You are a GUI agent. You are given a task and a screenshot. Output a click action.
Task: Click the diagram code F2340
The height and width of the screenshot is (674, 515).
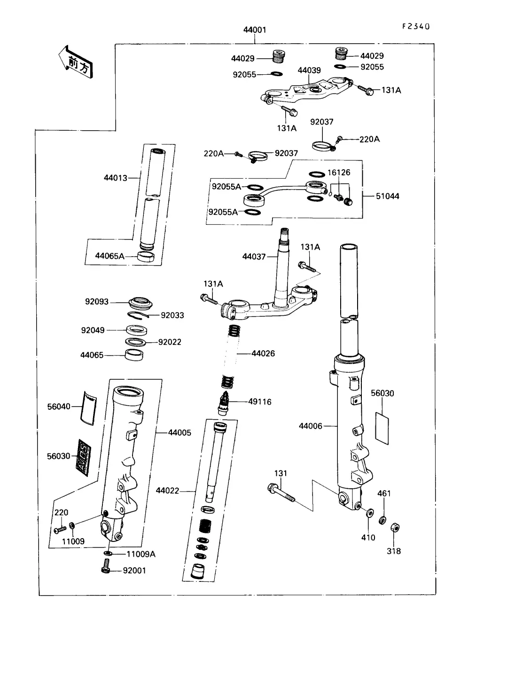click(416, 26)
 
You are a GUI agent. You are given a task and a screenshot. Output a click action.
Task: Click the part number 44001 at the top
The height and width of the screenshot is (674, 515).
click(255, 30)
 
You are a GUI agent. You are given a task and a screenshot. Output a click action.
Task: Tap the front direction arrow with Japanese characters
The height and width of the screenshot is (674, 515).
click(75, 62)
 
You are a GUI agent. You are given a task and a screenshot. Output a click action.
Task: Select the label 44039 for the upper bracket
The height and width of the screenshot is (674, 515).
click(309, 71)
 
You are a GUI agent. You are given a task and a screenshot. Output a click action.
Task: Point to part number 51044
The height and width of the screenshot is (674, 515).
click(388, 196)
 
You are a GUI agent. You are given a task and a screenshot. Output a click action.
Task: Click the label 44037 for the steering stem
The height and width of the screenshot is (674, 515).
click(254, 257)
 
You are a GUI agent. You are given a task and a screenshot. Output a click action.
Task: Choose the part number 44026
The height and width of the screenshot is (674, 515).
click(263, 353)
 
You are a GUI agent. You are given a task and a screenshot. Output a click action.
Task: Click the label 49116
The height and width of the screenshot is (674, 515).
click(260, 402)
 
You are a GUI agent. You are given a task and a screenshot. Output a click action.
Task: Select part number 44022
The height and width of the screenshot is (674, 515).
click(168, 491)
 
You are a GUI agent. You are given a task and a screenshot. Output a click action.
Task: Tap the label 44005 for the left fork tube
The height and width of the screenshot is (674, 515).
click(179, 432)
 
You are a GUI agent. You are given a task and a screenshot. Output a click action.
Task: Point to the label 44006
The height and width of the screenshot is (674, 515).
click(311, 426)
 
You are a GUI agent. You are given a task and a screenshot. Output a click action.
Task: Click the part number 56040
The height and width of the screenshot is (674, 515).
click(59, 407)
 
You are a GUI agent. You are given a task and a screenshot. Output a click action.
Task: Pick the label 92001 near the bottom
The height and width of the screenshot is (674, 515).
click(134, 571)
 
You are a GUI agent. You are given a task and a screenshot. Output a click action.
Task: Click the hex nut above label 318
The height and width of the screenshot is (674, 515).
click(395, 527)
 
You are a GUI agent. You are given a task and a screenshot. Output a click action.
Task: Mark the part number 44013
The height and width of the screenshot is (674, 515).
click(116, 178)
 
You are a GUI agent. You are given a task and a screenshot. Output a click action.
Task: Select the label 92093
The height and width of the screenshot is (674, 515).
click(97, 302)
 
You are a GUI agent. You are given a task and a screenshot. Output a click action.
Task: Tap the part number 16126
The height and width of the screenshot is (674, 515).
click(339, 172)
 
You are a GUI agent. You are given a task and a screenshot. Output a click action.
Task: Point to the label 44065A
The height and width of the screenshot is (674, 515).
click(110, 256)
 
